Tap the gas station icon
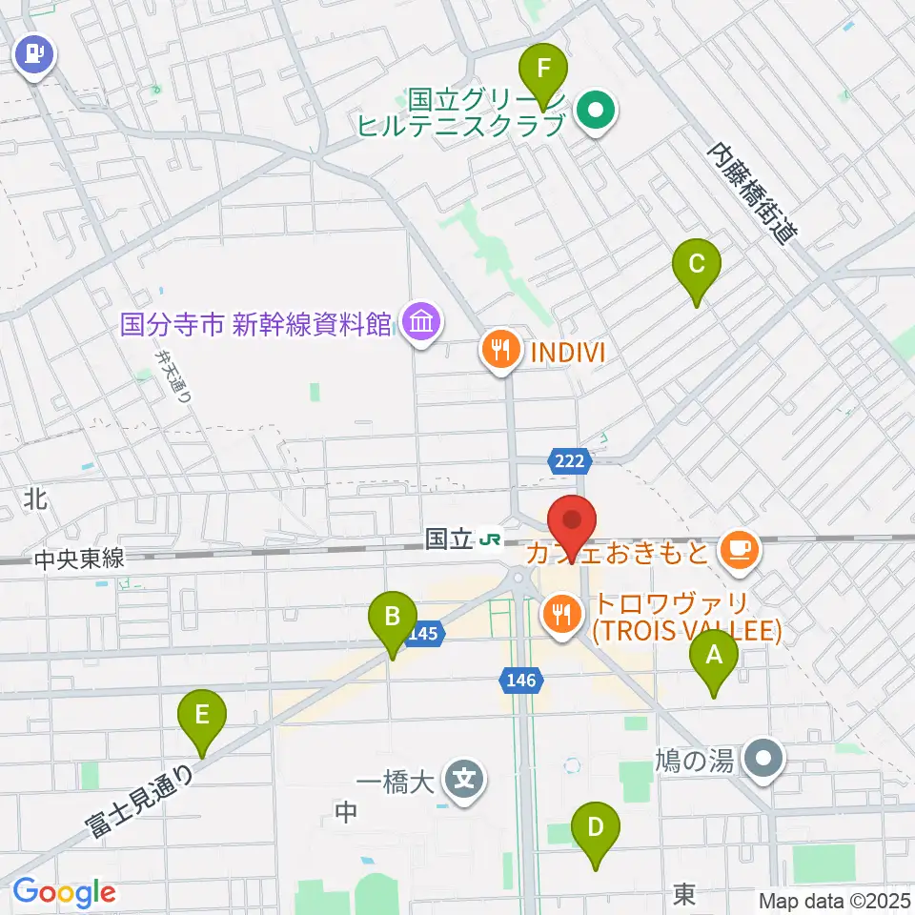pyautogui.click(x=35, y=53)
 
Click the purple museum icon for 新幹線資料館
pyautogui.click(x=420, y=323)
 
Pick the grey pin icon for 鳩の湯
pyautogui.click(x=764, y=758)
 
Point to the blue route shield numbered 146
pyautogui.click(x=521, y=679)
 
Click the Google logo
pyautogui.click(x=64, y=891)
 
